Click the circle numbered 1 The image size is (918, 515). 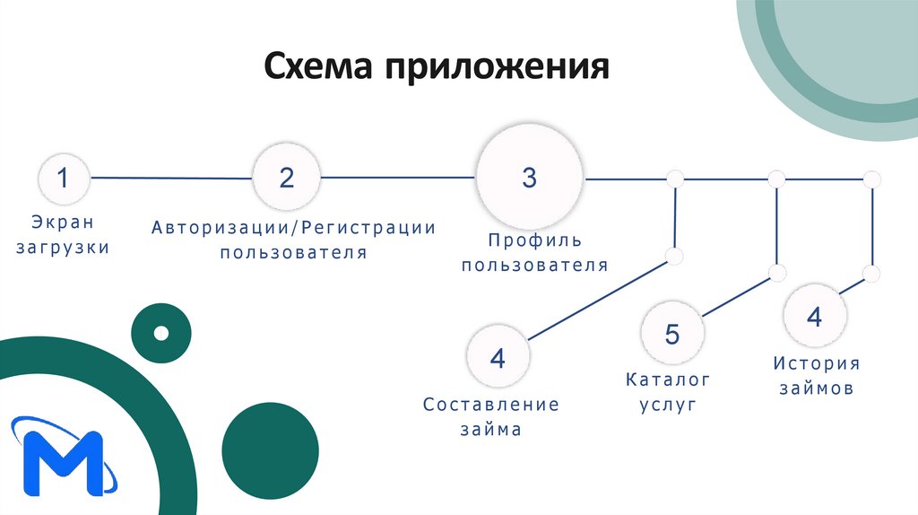click(63, 179)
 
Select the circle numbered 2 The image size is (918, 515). click(286, 178)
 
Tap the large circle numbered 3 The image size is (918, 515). click(529, 178)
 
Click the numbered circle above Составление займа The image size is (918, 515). click(498, 359)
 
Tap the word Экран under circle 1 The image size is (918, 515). click(63, 221)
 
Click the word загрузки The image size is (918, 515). click(63, 247)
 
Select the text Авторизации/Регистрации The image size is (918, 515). click(293, 227)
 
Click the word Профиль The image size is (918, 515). click(535, 240)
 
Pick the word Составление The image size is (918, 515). click(490, 405)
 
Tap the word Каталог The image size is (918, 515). click(668, 380)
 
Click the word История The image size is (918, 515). click(816, 363)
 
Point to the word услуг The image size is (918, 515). click(668, 406)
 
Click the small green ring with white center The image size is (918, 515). click(161, 334)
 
